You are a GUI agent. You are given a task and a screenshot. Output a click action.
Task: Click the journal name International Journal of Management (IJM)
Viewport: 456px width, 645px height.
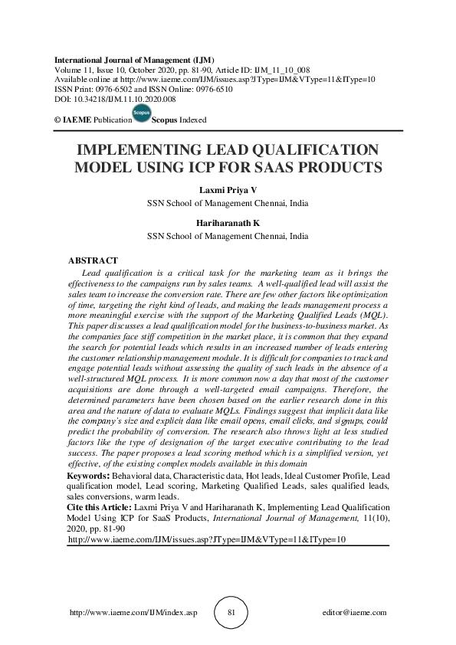133,60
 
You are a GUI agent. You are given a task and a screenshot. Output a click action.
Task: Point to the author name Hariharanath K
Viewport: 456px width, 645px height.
228,224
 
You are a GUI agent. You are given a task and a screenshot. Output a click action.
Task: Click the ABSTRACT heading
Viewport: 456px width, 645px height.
93,260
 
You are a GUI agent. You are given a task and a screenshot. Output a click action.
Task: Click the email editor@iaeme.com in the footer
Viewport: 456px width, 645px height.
356,613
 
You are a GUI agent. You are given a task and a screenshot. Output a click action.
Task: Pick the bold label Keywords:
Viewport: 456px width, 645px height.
88,476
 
